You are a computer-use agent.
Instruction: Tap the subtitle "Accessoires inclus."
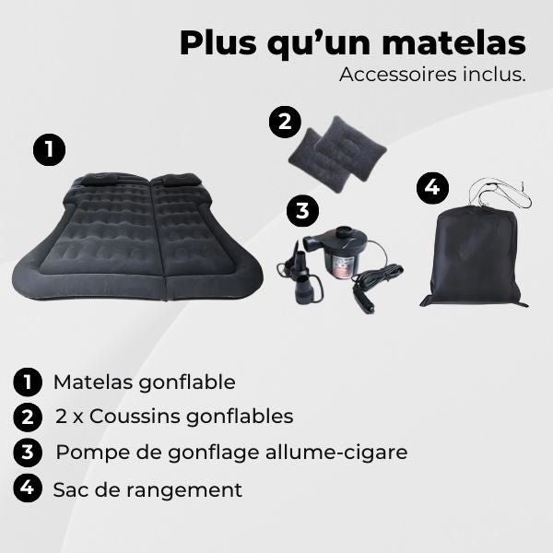click(x=432, y=75)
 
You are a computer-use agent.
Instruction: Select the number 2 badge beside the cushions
click(x=286, y=123)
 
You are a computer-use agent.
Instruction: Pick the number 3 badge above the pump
click(x=301, y=211)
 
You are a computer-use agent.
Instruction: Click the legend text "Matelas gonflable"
click(x=145, y=382)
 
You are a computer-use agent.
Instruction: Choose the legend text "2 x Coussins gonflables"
click(x=173, y=417)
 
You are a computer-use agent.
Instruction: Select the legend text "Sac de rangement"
click(x=147, y=489)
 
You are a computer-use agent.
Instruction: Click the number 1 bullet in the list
click(x=29, y=382)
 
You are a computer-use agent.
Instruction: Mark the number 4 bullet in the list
click(x=29, y=488)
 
